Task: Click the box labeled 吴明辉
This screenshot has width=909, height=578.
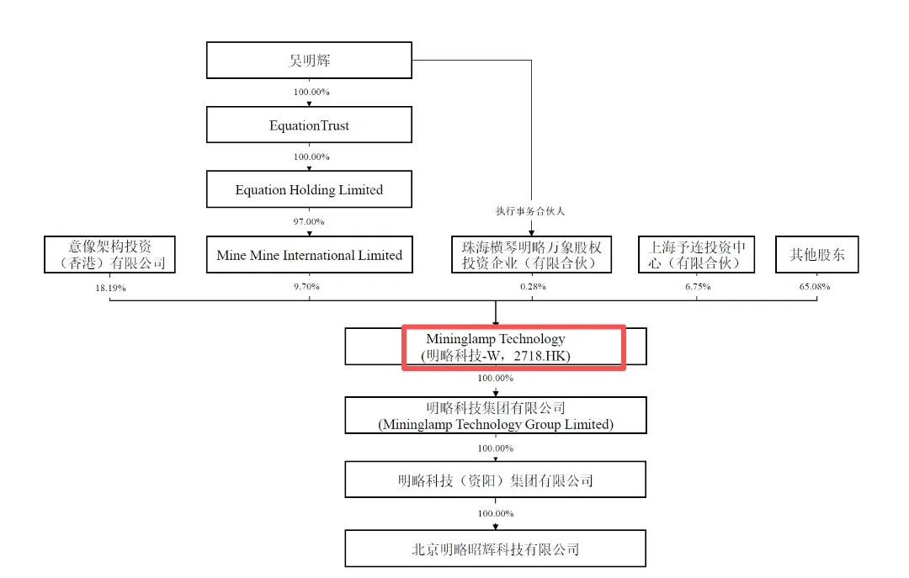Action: click(x=309, y=61)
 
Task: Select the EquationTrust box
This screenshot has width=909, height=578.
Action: click(x=309, y=125)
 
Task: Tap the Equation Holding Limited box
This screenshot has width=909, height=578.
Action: click(x=309, y=189)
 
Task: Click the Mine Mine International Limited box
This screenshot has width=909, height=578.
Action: click(x=310, y=255)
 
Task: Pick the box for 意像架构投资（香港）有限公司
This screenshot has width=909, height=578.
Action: click(x=109, y=255)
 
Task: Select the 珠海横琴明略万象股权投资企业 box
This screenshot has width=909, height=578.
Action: click(x=532, y=255)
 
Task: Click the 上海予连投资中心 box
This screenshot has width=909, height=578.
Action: click(x=696, y=255)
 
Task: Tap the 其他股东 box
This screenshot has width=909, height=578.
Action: click(x=816, y=255)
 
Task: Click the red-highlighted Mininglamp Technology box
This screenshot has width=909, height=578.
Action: click(x=513, y=347)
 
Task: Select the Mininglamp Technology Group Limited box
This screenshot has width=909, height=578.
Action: click(x=496, y=415)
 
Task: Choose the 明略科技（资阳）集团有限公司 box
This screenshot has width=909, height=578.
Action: click(x=496, y=480)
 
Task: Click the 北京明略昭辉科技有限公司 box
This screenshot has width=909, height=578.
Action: click(x=496, y=549)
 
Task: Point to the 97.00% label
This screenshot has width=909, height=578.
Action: click(x=309, y=222)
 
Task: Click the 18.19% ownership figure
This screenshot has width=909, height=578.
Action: click(x=111, y=288)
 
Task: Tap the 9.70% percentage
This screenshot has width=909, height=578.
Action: click(x=306, y=286)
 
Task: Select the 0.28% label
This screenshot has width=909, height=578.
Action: click(x=533, y=286)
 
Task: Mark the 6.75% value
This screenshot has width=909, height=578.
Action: click(x=698, y=286)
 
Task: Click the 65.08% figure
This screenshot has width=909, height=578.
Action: click(x=815, y=286)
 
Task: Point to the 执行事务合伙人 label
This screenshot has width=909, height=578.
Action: click(x=530, y=211)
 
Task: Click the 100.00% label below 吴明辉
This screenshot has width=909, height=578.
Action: click(x=311, y=93)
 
